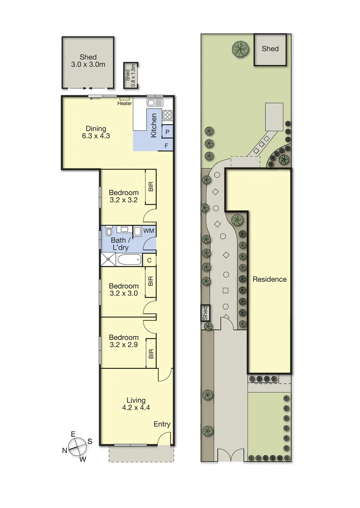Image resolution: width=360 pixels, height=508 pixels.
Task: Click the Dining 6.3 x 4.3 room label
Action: (96, 132)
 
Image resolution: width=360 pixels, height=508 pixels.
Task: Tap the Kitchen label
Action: (153, 126)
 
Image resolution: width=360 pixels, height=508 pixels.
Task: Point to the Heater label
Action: (124, 103)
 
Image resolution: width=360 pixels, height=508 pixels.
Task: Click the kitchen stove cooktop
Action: (168, 114)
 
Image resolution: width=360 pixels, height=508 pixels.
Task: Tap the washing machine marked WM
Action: (149, 230)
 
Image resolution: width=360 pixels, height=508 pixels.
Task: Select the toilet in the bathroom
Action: (109, 231)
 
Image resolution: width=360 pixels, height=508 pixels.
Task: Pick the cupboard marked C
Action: (149, 260)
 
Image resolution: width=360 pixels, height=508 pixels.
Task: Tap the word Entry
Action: (162, 424)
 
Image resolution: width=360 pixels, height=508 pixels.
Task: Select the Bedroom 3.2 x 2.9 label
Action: (123, 341)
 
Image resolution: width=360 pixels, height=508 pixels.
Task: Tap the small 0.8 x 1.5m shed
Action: (129, 75)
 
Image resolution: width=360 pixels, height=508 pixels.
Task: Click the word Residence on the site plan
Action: (270, 279)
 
